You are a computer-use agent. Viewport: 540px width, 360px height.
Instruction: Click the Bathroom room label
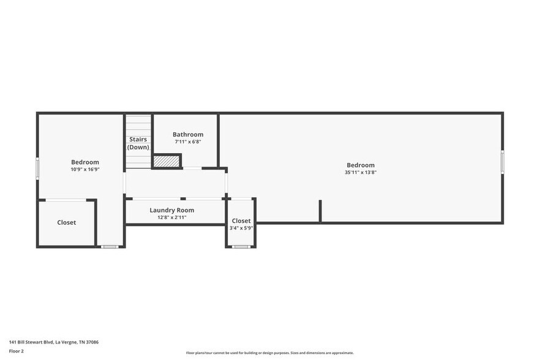pos(187,134)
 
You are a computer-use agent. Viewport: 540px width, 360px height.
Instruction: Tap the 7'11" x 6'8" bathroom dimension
pos(187,141)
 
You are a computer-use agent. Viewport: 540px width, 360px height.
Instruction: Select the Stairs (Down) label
pos(138,143)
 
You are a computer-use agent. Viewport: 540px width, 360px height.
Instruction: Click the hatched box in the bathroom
pos(167,161)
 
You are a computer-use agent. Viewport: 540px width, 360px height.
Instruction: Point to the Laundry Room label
pos(171,210)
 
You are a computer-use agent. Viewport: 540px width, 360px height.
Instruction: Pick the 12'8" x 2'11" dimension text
pos(171,217)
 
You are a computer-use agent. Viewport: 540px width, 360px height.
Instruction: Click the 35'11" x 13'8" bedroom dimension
pos(361,173)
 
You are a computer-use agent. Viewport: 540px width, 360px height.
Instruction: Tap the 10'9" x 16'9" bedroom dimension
pos(85,170)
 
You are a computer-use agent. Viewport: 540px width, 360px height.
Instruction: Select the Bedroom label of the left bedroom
pos(85,162)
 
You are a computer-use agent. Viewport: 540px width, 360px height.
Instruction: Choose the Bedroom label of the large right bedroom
pos(361,165)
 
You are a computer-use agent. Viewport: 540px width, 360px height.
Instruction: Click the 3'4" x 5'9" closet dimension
pos(241,228)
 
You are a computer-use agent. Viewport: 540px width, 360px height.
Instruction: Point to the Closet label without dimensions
pos(67,222)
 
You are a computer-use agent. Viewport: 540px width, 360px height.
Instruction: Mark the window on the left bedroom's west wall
pos(37,168)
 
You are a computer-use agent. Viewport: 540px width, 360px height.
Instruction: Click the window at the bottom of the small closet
pos(241,247)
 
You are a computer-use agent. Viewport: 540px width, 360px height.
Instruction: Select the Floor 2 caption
pos(17,351)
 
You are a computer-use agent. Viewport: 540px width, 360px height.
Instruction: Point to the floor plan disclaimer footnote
pos(269,353)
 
